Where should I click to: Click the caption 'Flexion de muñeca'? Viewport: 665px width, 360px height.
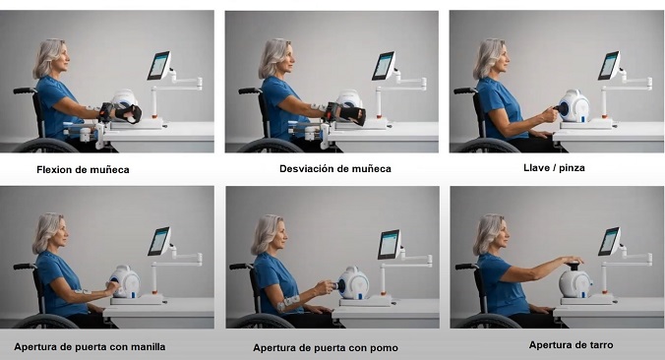click(x=83, y=170)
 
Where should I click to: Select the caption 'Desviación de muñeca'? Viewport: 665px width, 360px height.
click(x=335, y=169)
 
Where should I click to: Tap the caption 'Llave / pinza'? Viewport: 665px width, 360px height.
click(x=554, y=168)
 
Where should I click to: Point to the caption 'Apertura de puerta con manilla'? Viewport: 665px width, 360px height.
click(x=90, y=347)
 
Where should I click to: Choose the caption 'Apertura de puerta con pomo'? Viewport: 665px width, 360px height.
click(x=326, y=348)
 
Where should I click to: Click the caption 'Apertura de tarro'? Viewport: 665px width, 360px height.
click(x=571, y=345)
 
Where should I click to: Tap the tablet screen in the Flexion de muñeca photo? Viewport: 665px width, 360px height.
click(x=158, y=65)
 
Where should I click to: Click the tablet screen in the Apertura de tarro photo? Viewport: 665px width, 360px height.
click(x=609, y=241)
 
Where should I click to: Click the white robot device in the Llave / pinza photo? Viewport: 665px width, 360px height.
click(x=574, y=106)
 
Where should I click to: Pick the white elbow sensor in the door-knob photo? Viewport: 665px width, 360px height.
click(x=288, y=303)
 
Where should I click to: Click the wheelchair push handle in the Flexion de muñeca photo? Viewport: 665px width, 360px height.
click(x=25, y=90)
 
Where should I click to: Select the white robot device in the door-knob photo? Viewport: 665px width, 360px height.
click(x=353, y=283)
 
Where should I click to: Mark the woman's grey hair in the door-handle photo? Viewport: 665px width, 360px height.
click(x=46, y=232)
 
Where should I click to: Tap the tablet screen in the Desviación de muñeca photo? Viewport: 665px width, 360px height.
click(x=384, y=66)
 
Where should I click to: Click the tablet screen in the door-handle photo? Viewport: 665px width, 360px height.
click(x=159, y=241)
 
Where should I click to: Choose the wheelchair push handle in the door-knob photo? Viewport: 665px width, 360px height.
click(x=241, y=267)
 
